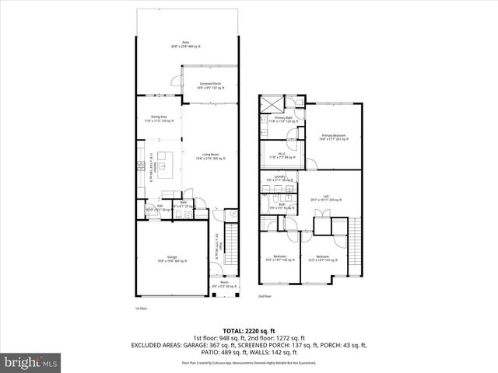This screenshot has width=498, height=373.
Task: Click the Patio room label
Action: [x=185, y=44]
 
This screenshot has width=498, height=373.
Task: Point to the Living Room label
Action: [x=210, y=156]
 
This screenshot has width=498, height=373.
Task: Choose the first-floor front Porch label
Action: [x=224, y=284]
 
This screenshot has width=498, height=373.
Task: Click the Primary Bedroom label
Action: [x=332, y=137]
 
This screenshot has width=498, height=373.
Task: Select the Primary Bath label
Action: [x=283, y=120]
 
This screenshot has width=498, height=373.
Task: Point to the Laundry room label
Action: [x=280, y=179]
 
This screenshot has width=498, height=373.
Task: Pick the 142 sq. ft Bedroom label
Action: [x=280, y=258]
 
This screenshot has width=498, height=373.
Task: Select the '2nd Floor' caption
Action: [x=265, y=296]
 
